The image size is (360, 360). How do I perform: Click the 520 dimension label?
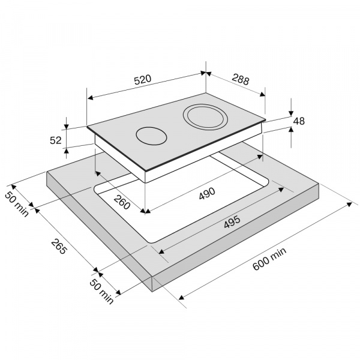(143, 80)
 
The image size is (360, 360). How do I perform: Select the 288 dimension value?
(241, 79)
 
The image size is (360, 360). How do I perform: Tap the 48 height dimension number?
(299, 121)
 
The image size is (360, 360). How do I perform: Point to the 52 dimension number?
(56, 140)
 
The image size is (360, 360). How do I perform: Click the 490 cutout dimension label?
(207, 194)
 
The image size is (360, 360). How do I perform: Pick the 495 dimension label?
(232, 222)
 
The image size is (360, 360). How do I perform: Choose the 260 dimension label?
(122, 202)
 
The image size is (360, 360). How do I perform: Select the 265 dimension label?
(59, 247)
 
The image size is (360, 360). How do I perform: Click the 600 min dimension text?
(269, 259)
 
